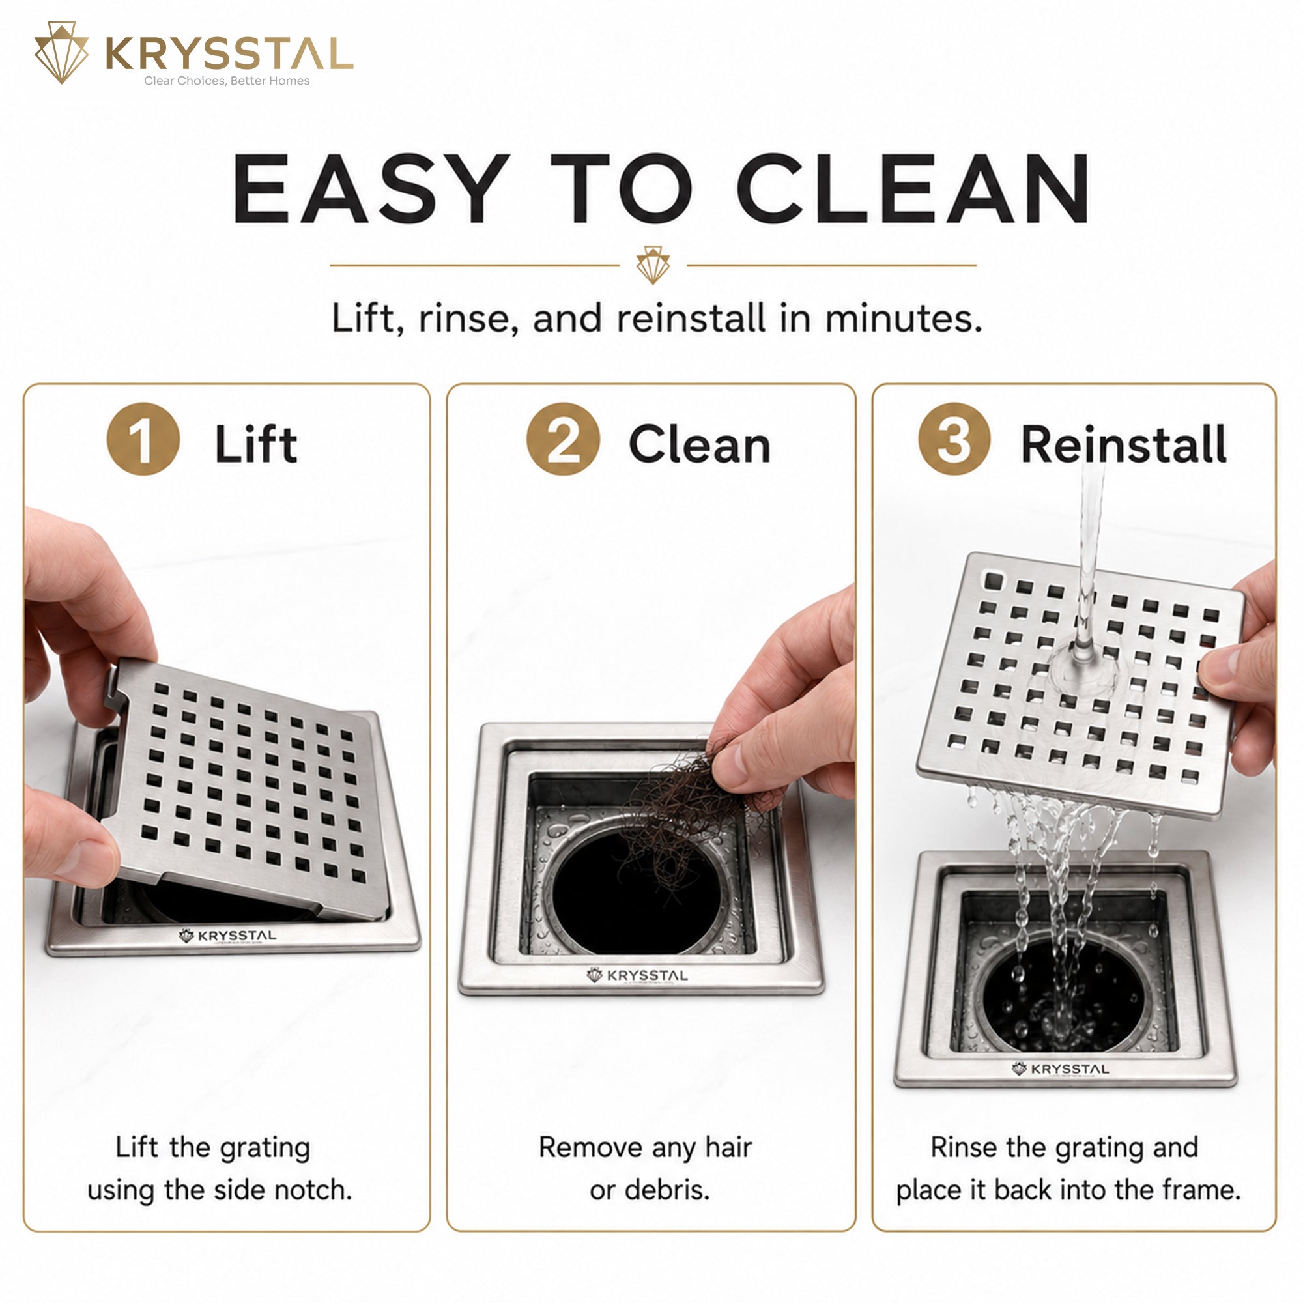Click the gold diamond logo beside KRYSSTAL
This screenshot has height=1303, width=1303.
pyautogui.click(x=61, y=53)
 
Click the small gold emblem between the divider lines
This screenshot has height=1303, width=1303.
pyautogui.click(x=652, y=265)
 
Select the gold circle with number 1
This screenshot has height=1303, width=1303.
pyautogui.click(x=143, y=439)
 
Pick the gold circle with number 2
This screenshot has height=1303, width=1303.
pyautogui.click(x=563, y=439)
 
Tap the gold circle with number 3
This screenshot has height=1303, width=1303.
pyautogui.click(x=954, y=439)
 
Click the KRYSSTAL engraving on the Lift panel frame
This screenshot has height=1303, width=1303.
pyautogui.click(x=227, y=936)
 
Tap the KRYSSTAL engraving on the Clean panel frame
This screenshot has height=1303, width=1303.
pyautogui.click(x=637, y=975)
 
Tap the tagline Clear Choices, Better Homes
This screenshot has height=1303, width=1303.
pyautogui.click(x=227, y=81)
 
